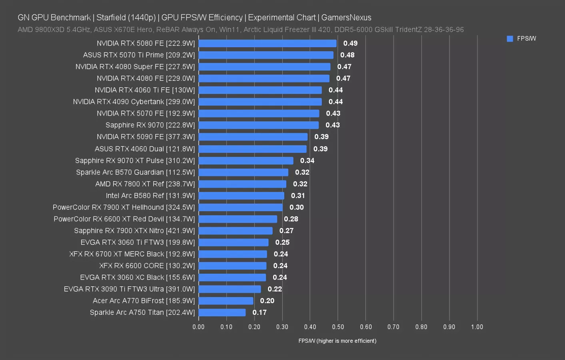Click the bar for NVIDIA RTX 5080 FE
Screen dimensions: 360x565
(x=267, y=43)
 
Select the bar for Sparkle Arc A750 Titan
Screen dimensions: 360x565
(x=222, y=312)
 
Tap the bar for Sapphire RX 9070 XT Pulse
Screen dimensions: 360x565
(x=246, y=160)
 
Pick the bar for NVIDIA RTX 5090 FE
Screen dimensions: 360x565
(x=253, y=137)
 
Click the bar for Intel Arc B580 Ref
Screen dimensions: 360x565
(x=241, y=196)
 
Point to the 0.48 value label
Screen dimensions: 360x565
(x=347, y=55)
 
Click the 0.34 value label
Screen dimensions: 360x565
(x=307, y=160)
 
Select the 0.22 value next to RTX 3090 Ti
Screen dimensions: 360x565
(x=275, y=289)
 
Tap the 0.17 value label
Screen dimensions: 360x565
(x=259, y=312)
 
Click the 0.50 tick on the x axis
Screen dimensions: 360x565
(x=337, y=327)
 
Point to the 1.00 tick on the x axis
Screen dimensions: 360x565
(x=477, y=327)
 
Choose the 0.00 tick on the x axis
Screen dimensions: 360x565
(x=198, y=327)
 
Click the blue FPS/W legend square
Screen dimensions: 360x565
(x=510, y=39)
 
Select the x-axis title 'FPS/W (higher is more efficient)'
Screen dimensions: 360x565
(x=337, y=341)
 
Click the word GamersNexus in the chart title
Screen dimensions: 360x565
(x=346, y=18)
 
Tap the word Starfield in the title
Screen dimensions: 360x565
(x=111, y=18)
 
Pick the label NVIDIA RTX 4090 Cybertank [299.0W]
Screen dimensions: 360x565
(x=134, y=102)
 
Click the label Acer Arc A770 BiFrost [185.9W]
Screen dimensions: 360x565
(x=144, y=301)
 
